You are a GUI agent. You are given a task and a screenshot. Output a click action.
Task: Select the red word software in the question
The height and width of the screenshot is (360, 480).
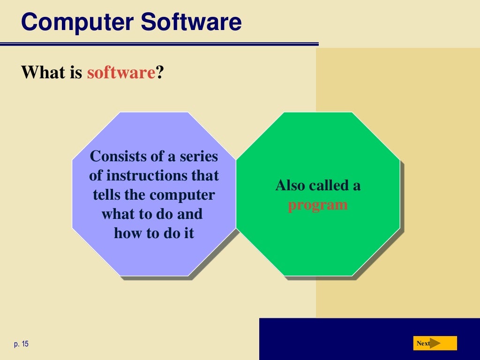tap(121, 73)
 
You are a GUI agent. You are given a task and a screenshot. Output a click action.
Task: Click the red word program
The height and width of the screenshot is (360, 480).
tap(318, 205)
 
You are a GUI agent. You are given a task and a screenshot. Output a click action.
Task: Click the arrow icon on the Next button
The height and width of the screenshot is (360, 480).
tap(435, 343)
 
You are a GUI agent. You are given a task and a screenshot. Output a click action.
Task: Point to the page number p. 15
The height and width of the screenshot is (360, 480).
tap(21, 344)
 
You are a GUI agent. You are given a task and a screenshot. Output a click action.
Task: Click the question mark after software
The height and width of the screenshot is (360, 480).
tap(160, 73)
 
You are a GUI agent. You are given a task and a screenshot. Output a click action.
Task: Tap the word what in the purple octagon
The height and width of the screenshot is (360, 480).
tap(117, 214)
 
